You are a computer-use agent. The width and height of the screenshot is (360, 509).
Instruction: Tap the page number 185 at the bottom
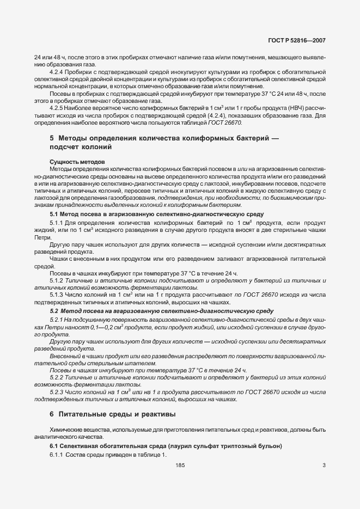coord(180,465)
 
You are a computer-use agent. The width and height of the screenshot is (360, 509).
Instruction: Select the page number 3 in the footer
coord(324,465)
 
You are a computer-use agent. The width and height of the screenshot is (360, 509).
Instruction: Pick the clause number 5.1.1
coord(57,224)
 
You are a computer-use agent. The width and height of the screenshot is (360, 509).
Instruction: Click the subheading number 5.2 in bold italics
coord(54,311)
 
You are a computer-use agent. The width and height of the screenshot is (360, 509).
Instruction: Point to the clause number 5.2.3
coord(57,392)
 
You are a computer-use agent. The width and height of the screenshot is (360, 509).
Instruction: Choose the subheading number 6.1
coord(54,446)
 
